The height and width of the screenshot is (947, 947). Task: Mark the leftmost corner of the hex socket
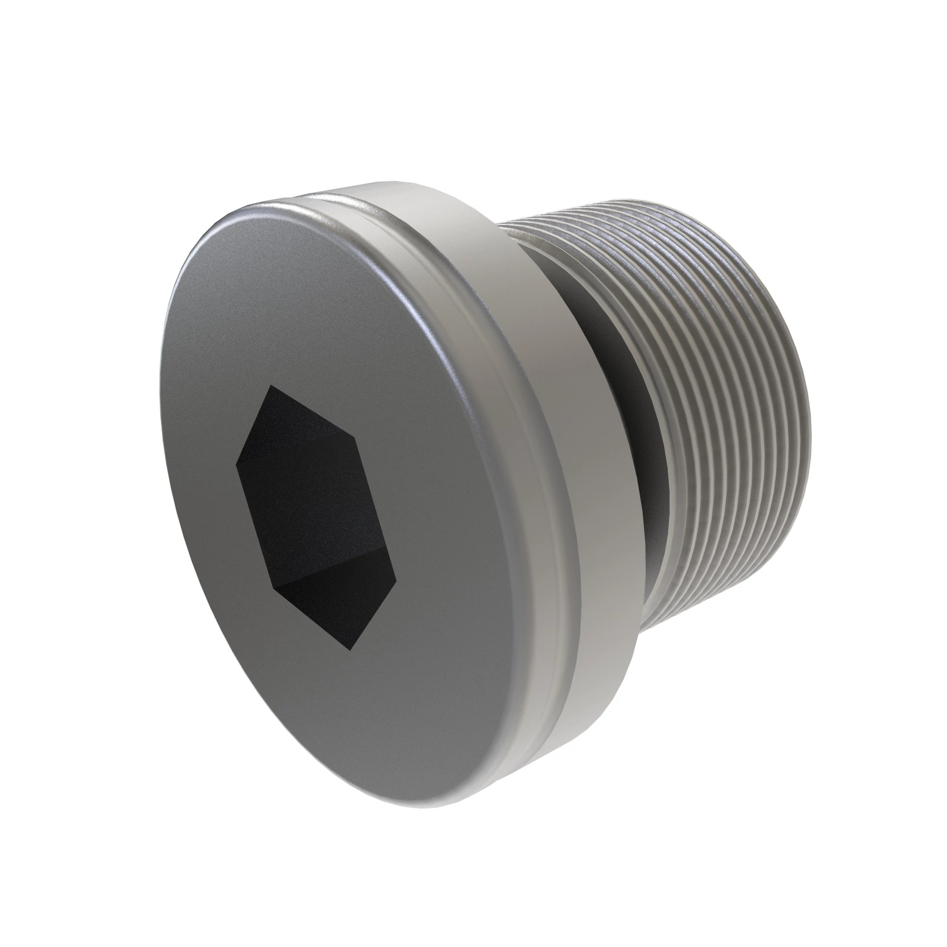[x=236, y=464]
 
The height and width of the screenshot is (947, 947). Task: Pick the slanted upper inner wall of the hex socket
[x=314, y=417]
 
